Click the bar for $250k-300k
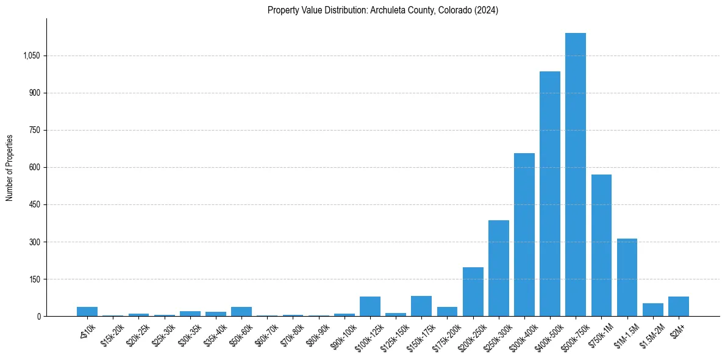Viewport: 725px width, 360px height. pyautogui.click(x=498, y=268)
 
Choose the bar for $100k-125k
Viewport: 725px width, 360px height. pyautogui.click(x=370, y=306)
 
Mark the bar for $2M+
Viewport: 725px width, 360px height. pyautogui.click(x=678, y=306)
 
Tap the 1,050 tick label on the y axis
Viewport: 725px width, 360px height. pyautogui.click(x=31, y=56)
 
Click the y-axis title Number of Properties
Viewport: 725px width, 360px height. pyautogui.click(x=10, y=168)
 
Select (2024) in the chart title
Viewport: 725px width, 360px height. pyautogui.click(x=487, y=10)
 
